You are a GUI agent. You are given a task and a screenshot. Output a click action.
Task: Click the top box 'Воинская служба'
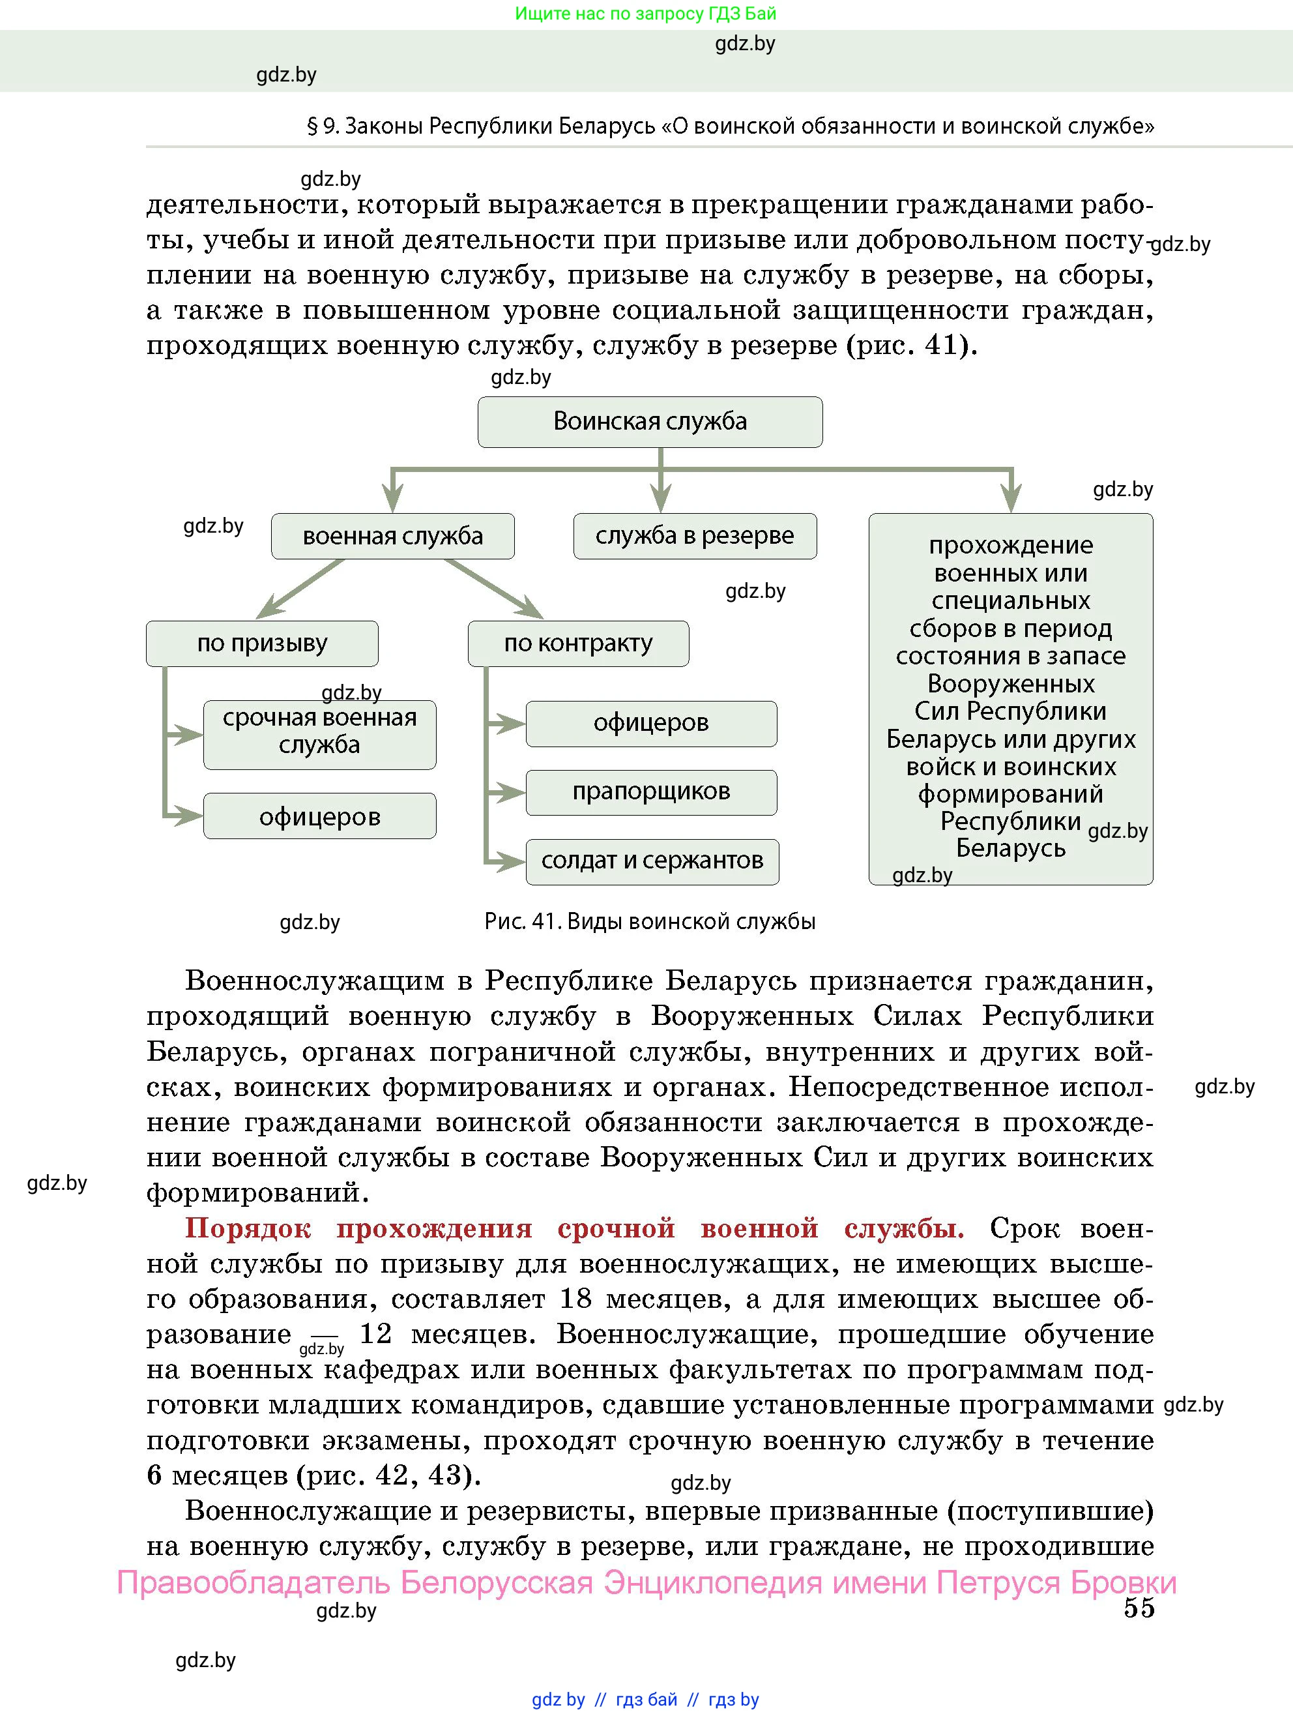point(650,422)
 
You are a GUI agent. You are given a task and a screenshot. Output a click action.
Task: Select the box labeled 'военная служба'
point(392,536)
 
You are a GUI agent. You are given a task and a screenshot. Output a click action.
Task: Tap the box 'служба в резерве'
point(695,536)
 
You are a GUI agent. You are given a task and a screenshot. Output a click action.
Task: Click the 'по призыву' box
point(262,643)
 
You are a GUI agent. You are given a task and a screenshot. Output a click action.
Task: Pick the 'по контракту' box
point(578,643)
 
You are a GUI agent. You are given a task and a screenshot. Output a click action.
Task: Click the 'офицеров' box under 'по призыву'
point(319,816)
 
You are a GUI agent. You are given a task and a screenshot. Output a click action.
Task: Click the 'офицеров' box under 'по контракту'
point(652,724)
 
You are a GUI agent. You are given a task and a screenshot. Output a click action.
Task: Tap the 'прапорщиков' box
point(652,792)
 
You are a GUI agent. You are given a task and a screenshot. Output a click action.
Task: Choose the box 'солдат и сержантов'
point(652,861)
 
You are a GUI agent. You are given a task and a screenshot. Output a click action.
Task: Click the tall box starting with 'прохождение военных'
point(1011,698)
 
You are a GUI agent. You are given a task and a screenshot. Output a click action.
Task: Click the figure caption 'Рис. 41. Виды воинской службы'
point(650,922)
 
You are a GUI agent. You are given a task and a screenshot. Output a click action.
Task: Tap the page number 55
point(1139,1609)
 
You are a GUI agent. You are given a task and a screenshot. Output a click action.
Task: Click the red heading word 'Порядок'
point(248,1229)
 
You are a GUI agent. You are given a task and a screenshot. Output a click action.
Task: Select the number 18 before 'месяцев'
point(575,1299)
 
